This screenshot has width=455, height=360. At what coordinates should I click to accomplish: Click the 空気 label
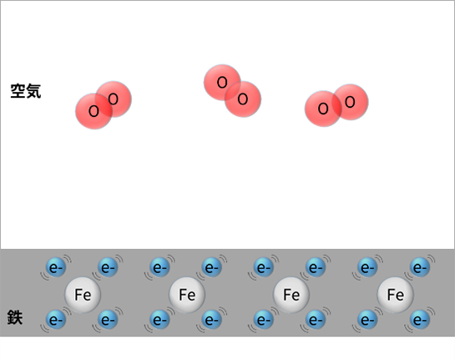26,91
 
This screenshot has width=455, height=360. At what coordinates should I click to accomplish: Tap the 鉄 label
15,317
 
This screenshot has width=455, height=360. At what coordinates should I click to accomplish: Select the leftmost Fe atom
83,295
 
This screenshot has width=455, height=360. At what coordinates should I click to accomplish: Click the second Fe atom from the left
187,295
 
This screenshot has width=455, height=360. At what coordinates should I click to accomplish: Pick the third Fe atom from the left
291,295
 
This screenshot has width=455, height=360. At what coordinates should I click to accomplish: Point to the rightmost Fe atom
395,295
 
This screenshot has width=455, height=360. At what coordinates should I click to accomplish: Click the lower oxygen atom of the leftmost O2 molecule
94,111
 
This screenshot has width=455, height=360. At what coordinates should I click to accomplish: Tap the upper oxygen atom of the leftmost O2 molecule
114,99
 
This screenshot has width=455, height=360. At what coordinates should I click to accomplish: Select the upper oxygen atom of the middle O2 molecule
222,83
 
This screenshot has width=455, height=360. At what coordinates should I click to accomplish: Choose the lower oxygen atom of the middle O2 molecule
243,99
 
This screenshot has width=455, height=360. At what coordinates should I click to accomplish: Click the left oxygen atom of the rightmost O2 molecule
323,109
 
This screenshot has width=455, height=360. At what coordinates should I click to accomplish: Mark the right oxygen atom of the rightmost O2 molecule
350,102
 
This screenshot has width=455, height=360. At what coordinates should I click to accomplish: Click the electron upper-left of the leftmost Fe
56,267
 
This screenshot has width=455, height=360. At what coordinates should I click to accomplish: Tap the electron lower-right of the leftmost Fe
108,319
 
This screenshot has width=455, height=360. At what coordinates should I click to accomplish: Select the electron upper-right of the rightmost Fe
420,267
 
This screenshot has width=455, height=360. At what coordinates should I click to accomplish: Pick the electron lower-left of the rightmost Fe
368,319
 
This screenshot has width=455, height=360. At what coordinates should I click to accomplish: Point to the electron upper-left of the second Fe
160,267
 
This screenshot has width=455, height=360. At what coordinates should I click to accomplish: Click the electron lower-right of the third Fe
316,319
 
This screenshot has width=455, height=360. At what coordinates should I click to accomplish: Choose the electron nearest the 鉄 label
56,319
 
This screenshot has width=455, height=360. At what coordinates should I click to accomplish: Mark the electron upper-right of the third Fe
316,267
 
